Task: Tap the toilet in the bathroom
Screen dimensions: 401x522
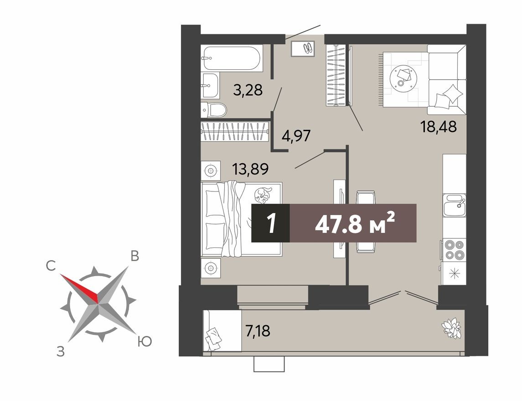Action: (214, 110)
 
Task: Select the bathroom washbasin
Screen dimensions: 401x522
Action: (210, 85)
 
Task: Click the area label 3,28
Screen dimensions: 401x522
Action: (248, 90)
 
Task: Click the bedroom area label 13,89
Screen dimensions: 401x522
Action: (250, 169)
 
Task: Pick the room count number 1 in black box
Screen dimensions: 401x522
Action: (271, 223)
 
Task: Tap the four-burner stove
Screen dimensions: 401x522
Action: (454, 249)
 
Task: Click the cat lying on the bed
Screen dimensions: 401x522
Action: (262, 195)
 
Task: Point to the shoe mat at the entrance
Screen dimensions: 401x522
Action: (303, 48)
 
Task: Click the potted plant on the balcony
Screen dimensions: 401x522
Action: (451, 328)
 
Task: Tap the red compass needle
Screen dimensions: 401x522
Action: (80, 288)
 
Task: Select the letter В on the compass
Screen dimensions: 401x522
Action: (134, 256)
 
